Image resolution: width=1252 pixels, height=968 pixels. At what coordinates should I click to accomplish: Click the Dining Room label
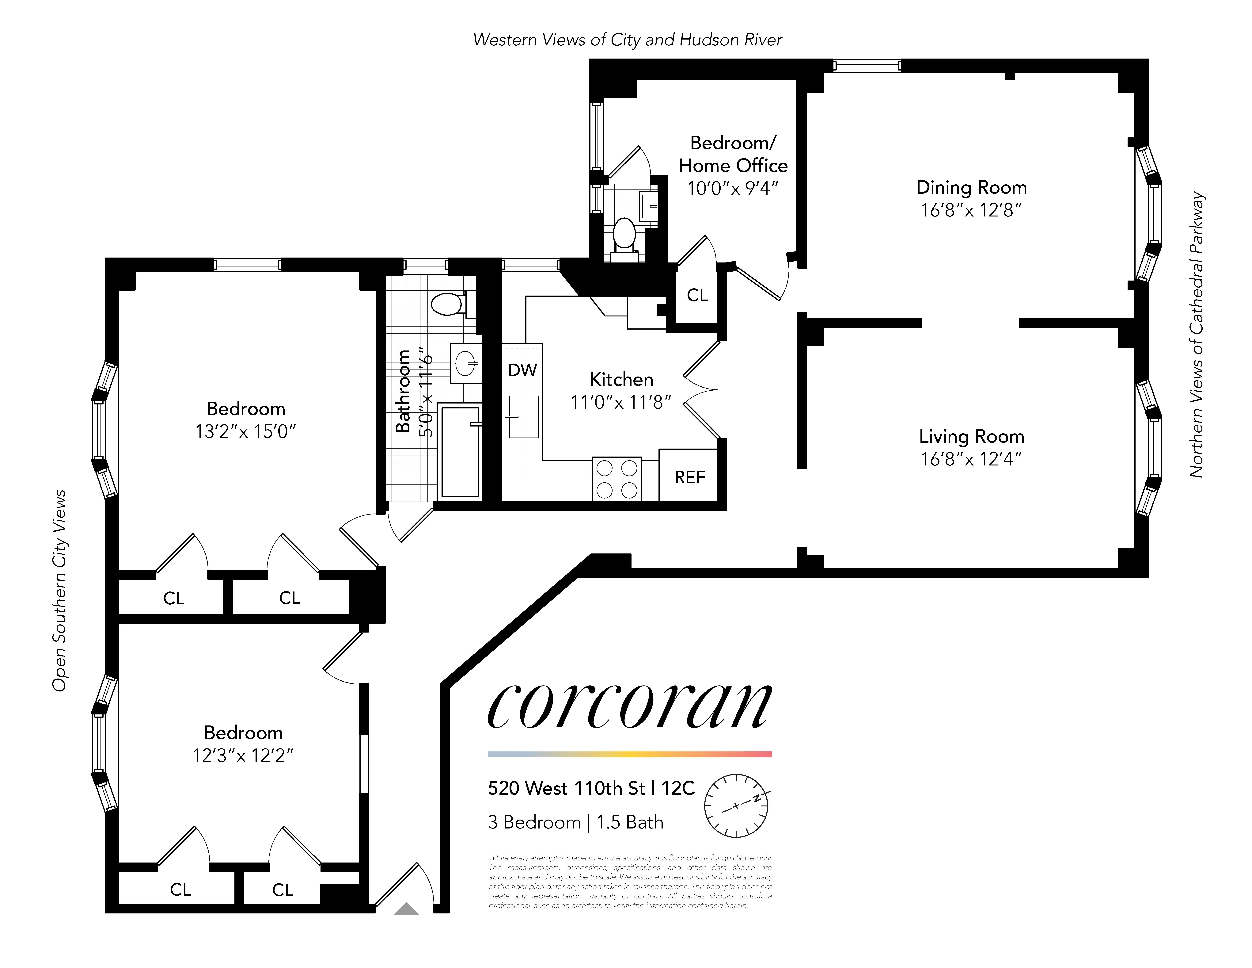tap(971, 188)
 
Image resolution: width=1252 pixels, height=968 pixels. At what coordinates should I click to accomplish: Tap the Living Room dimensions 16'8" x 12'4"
tap(971, 459)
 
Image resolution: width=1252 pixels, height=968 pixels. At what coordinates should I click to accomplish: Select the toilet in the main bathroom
tap(449, 304)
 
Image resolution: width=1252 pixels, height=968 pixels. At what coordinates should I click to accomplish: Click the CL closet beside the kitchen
tap(697, 295)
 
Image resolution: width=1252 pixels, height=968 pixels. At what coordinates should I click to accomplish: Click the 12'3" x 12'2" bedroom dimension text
tap(243, 756)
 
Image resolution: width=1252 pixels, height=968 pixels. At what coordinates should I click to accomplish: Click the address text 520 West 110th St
tap(566, 789)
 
